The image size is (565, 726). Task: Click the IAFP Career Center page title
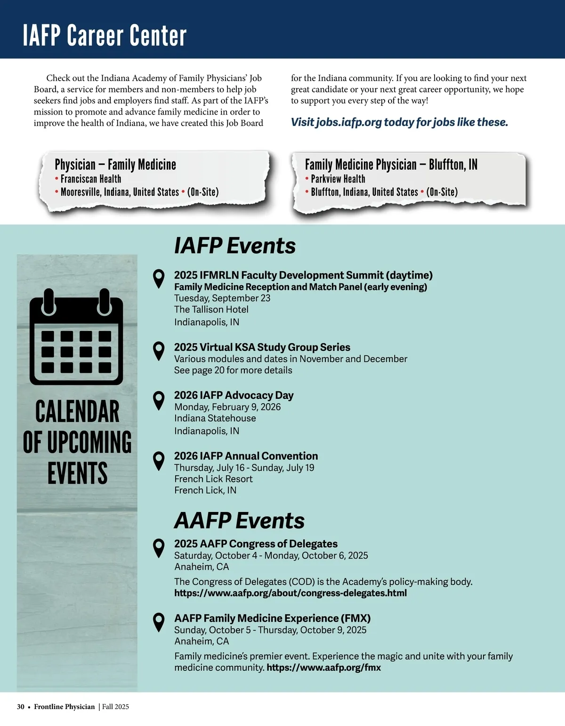(105, 35)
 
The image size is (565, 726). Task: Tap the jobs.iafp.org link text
(348, 122)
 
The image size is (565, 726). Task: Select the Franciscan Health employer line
(91, 179)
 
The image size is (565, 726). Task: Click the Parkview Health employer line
(338, 179)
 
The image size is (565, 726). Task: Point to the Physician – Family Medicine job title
(115, 165)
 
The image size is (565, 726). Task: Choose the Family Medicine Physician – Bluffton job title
(391, 165)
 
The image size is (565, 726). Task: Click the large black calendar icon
(76, 337)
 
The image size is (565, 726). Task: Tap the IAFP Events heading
(234, 246)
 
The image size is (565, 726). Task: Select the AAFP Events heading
(239, 520)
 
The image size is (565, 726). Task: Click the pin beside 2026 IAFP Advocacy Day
(159, 400)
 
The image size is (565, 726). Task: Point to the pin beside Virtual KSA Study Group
(159, 351)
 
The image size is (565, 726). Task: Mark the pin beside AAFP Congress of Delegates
(159, 548)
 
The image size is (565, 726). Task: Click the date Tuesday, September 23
(222, 298)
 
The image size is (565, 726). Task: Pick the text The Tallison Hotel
(211, 309)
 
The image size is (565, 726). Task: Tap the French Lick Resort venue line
(213, 479)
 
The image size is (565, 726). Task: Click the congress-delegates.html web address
(291, 593)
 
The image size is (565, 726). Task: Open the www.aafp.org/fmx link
(324, 668)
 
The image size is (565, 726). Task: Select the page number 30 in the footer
(21, 707)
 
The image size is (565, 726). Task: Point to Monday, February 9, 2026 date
(227, 407)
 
